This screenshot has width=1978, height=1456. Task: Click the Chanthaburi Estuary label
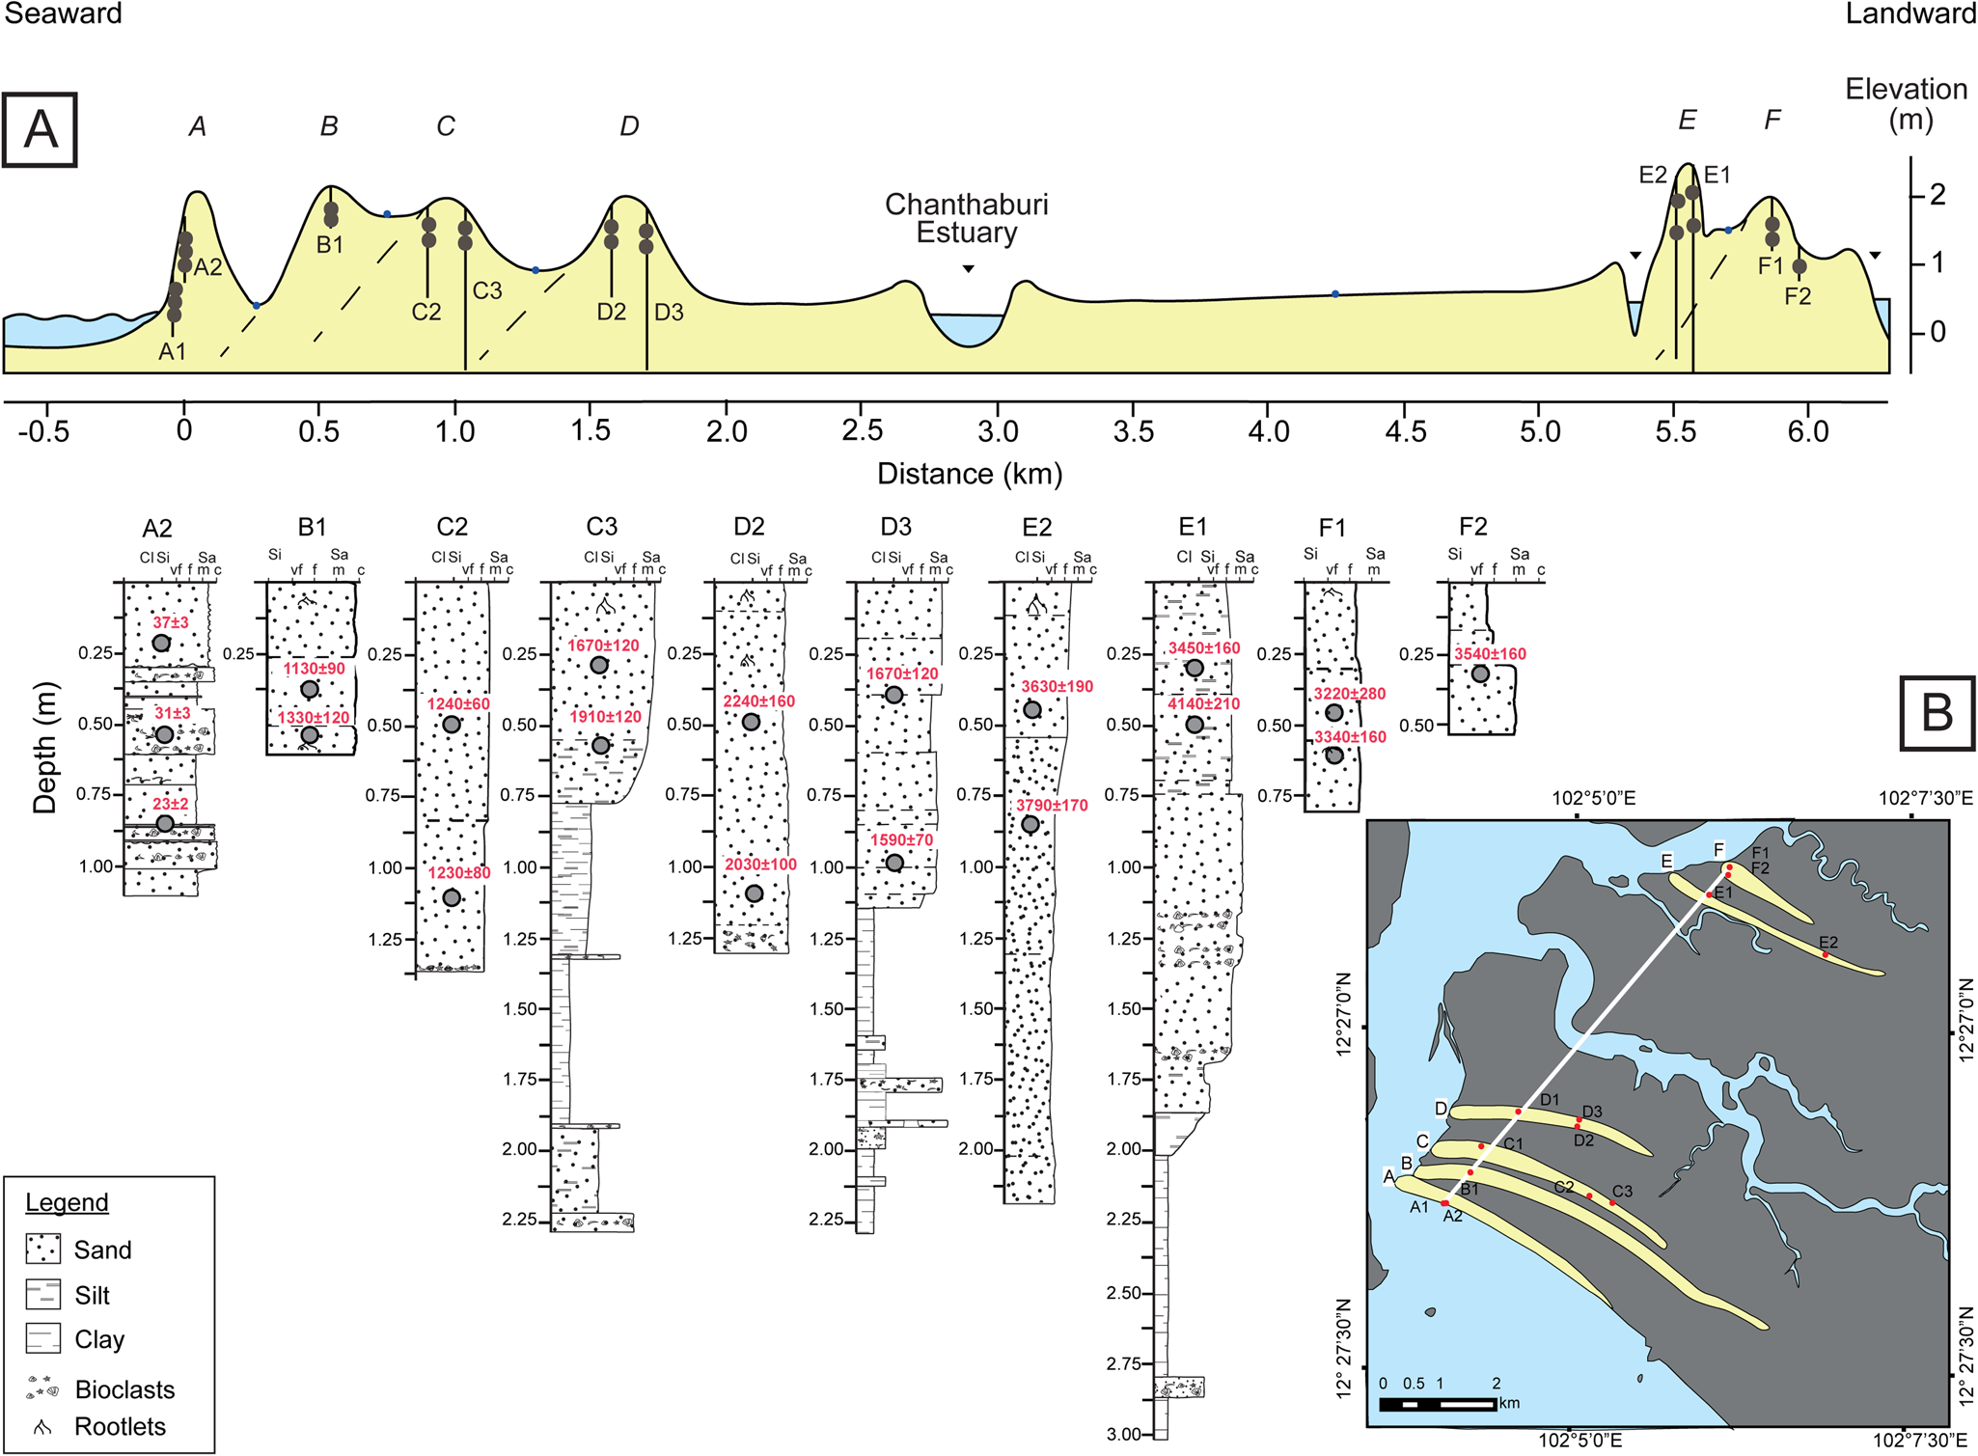966,218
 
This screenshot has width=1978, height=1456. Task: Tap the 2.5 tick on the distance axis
861,430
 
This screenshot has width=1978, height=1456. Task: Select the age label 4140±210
1203,704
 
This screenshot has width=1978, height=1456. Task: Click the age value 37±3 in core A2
171,622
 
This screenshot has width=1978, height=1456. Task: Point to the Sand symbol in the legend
43,1250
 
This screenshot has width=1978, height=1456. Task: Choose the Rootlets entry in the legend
120,1426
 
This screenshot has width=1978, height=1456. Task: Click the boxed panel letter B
1937,713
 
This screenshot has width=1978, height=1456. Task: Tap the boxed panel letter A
40,130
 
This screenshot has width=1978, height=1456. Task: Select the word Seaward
63,14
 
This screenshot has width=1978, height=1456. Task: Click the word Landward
1910,14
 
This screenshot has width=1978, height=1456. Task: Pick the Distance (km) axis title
969,474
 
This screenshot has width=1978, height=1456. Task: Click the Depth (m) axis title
44,748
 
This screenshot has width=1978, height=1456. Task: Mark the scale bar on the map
1438,1404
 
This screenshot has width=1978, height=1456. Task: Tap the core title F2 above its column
1472,527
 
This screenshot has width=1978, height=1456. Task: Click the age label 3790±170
1052,805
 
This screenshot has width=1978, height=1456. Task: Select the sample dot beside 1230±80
452,897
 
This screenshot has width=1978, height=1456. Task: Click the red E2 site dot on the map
1826,955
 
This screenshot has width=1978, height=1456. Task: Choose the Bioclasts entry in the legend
124,1389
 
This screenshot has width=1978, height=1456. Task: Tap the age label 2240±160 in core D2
759,701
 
